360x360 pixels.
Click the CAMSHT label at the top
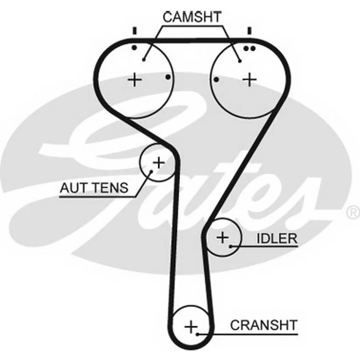pos(192,17)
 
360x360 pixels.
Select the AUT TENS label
pos(94,188)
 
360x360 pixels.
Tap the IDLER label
pos(276,238)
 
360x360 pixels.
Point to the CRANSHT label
pos(264,325)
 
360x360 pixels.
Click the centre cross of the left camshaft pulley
pos(135,79)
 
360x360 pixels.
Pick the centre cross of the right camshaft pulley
pos(249,79)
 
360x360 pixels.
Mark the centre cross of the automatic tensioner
pos(158,163)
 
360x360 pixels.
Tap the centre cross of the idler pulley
pos(222,237)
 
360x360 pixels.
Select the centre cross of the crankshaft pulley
pos(191,327)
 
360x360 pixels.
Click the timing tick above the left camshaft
pos(135,31)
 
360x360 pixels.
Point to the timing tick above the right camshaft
pos(249,31)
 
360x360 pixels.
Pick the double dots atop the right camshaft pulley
pos(249,48)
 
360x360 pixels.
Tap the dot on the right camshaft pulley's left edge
pos(216,79)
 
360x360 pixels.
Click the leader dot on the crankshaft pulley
pos(198,334)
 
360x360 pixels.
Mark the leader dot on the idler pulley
pos(230,247)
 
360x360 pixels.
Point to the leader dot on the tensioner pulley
pos(151,172)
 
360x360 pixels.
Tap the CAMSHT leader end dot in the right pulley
pos(240,61)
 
